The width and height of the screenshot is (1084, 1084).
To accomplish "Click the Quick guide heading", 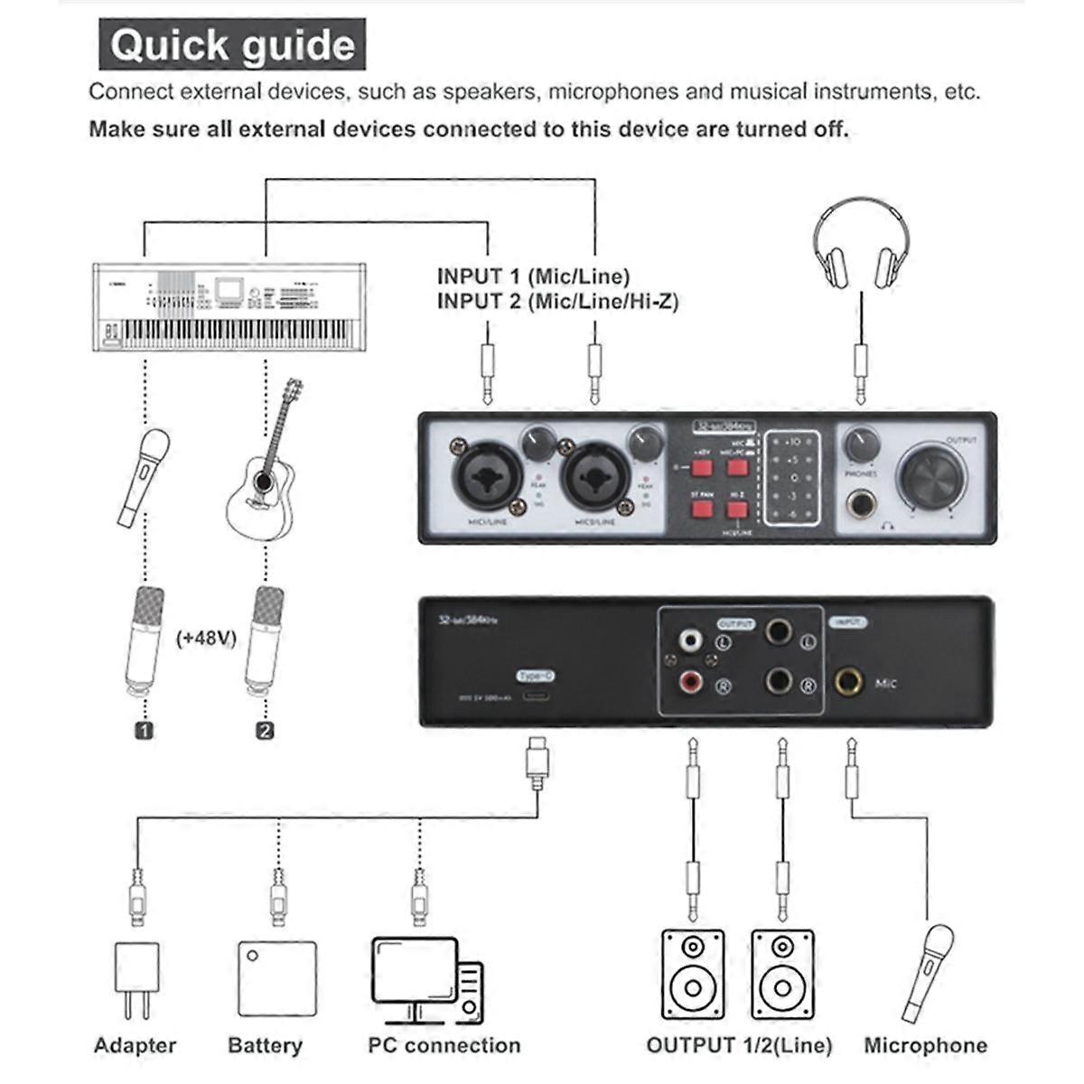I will point(232,44).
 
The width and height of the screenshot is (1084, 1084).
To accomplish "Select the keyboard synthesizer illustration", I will point(230,307).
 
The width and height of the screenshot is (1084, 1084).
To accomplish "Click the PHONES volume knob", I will point(861,444).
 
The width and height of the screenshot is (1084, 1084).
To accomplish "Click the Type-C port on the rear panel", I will point(536,697).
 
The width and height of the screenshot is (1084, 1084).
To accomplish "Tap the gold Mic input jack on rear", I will point(847,682).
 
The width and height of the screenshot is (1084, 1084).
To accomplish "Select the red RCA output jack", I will point(691,682).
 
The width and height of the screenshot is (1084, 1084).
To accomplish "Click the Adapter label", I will point(135,1045).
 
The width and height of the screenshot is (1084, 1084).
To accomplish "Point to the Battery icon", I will point(277,979).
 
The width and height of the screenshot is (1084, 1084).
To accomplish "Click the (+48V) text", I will point(207,638).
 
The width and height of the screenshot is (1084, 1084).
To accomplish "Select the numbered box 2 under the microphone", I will point(265,730).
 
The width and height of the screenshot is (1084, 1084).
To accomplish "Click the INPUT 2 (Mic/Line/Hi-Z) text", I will point(556,301).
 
